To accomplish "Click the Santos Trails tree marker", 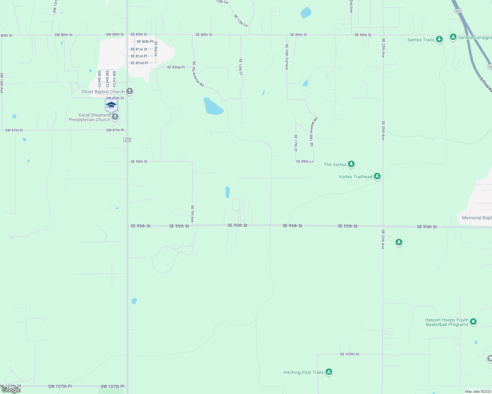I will click(439, 39).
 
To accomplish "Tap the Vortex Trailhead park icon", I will click(377, 176).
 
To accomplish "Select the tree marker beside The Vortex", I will click(351, 164).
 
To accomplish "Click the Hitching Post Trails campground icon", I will click(329, 372).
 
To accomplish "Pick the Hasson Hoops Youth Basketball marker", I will click(473, 321).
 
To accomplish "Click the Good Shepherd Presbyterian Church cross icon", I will click(115, 117).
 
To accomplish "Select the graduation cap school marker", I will click(111, 105).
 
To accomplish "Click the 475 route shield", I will click(127, 140).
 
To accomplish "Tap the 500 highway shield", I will click(458, 11).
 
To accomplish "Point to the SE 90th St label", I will click(139, 162).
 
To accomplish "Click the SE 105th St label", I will click(350, 354).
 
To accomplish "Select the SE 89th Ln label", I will click(305, 162).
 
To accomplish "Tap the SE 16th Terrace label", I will click(287, 57).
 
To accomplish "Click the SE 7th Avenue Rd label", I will click(198, 74).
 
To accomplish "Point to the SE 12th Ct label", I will click(241, 67).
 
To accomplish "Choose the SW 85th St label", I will click(115, 98).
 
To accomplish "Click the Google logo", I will click(11, 390).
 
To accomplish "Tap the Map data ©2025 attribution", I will click(477, 391).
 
